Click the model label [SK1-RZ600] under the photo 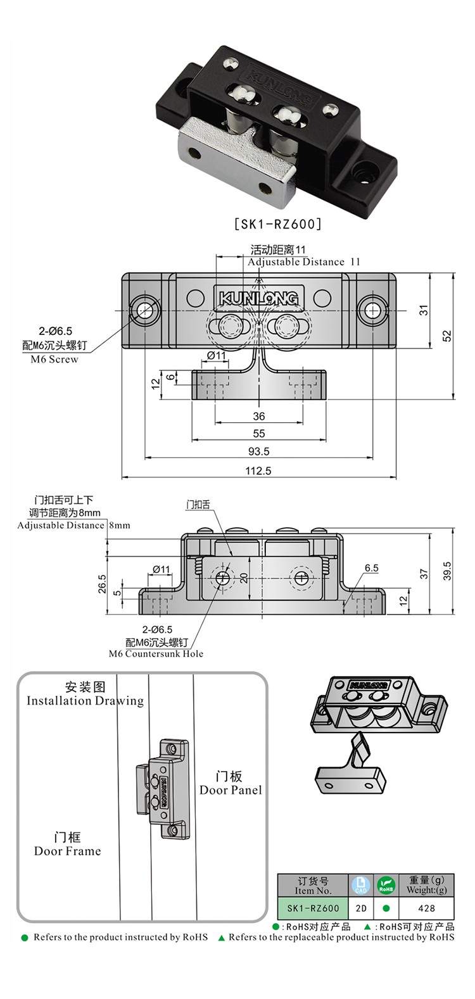click(x=279, y=223)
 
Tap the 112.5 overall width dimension click(x=259, y=470)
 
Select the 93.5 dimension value click(x=259, y=451)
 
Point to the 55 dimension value click(x=259, y=434)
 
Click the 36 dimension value click(x=259, y=416)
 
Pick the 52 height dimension click(x=448, y=336)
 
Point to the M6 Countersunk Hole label click(x=156, y=653)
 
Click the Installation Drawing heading click(x=85, y=700)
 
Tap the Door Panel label click(x=231, y=789)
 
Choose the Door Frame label click(x=68, y=851)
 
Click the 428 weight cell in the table click(x=427, y=908)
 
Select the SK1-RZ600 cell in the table click(x=313, y=908)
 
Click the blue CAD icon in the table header click(x=360, y=884)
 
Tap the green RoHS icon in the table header click(x=386, y=884)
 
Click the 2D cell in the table click(x=360, y=908)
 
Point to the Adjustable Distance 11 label click(x=303, y=261)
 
